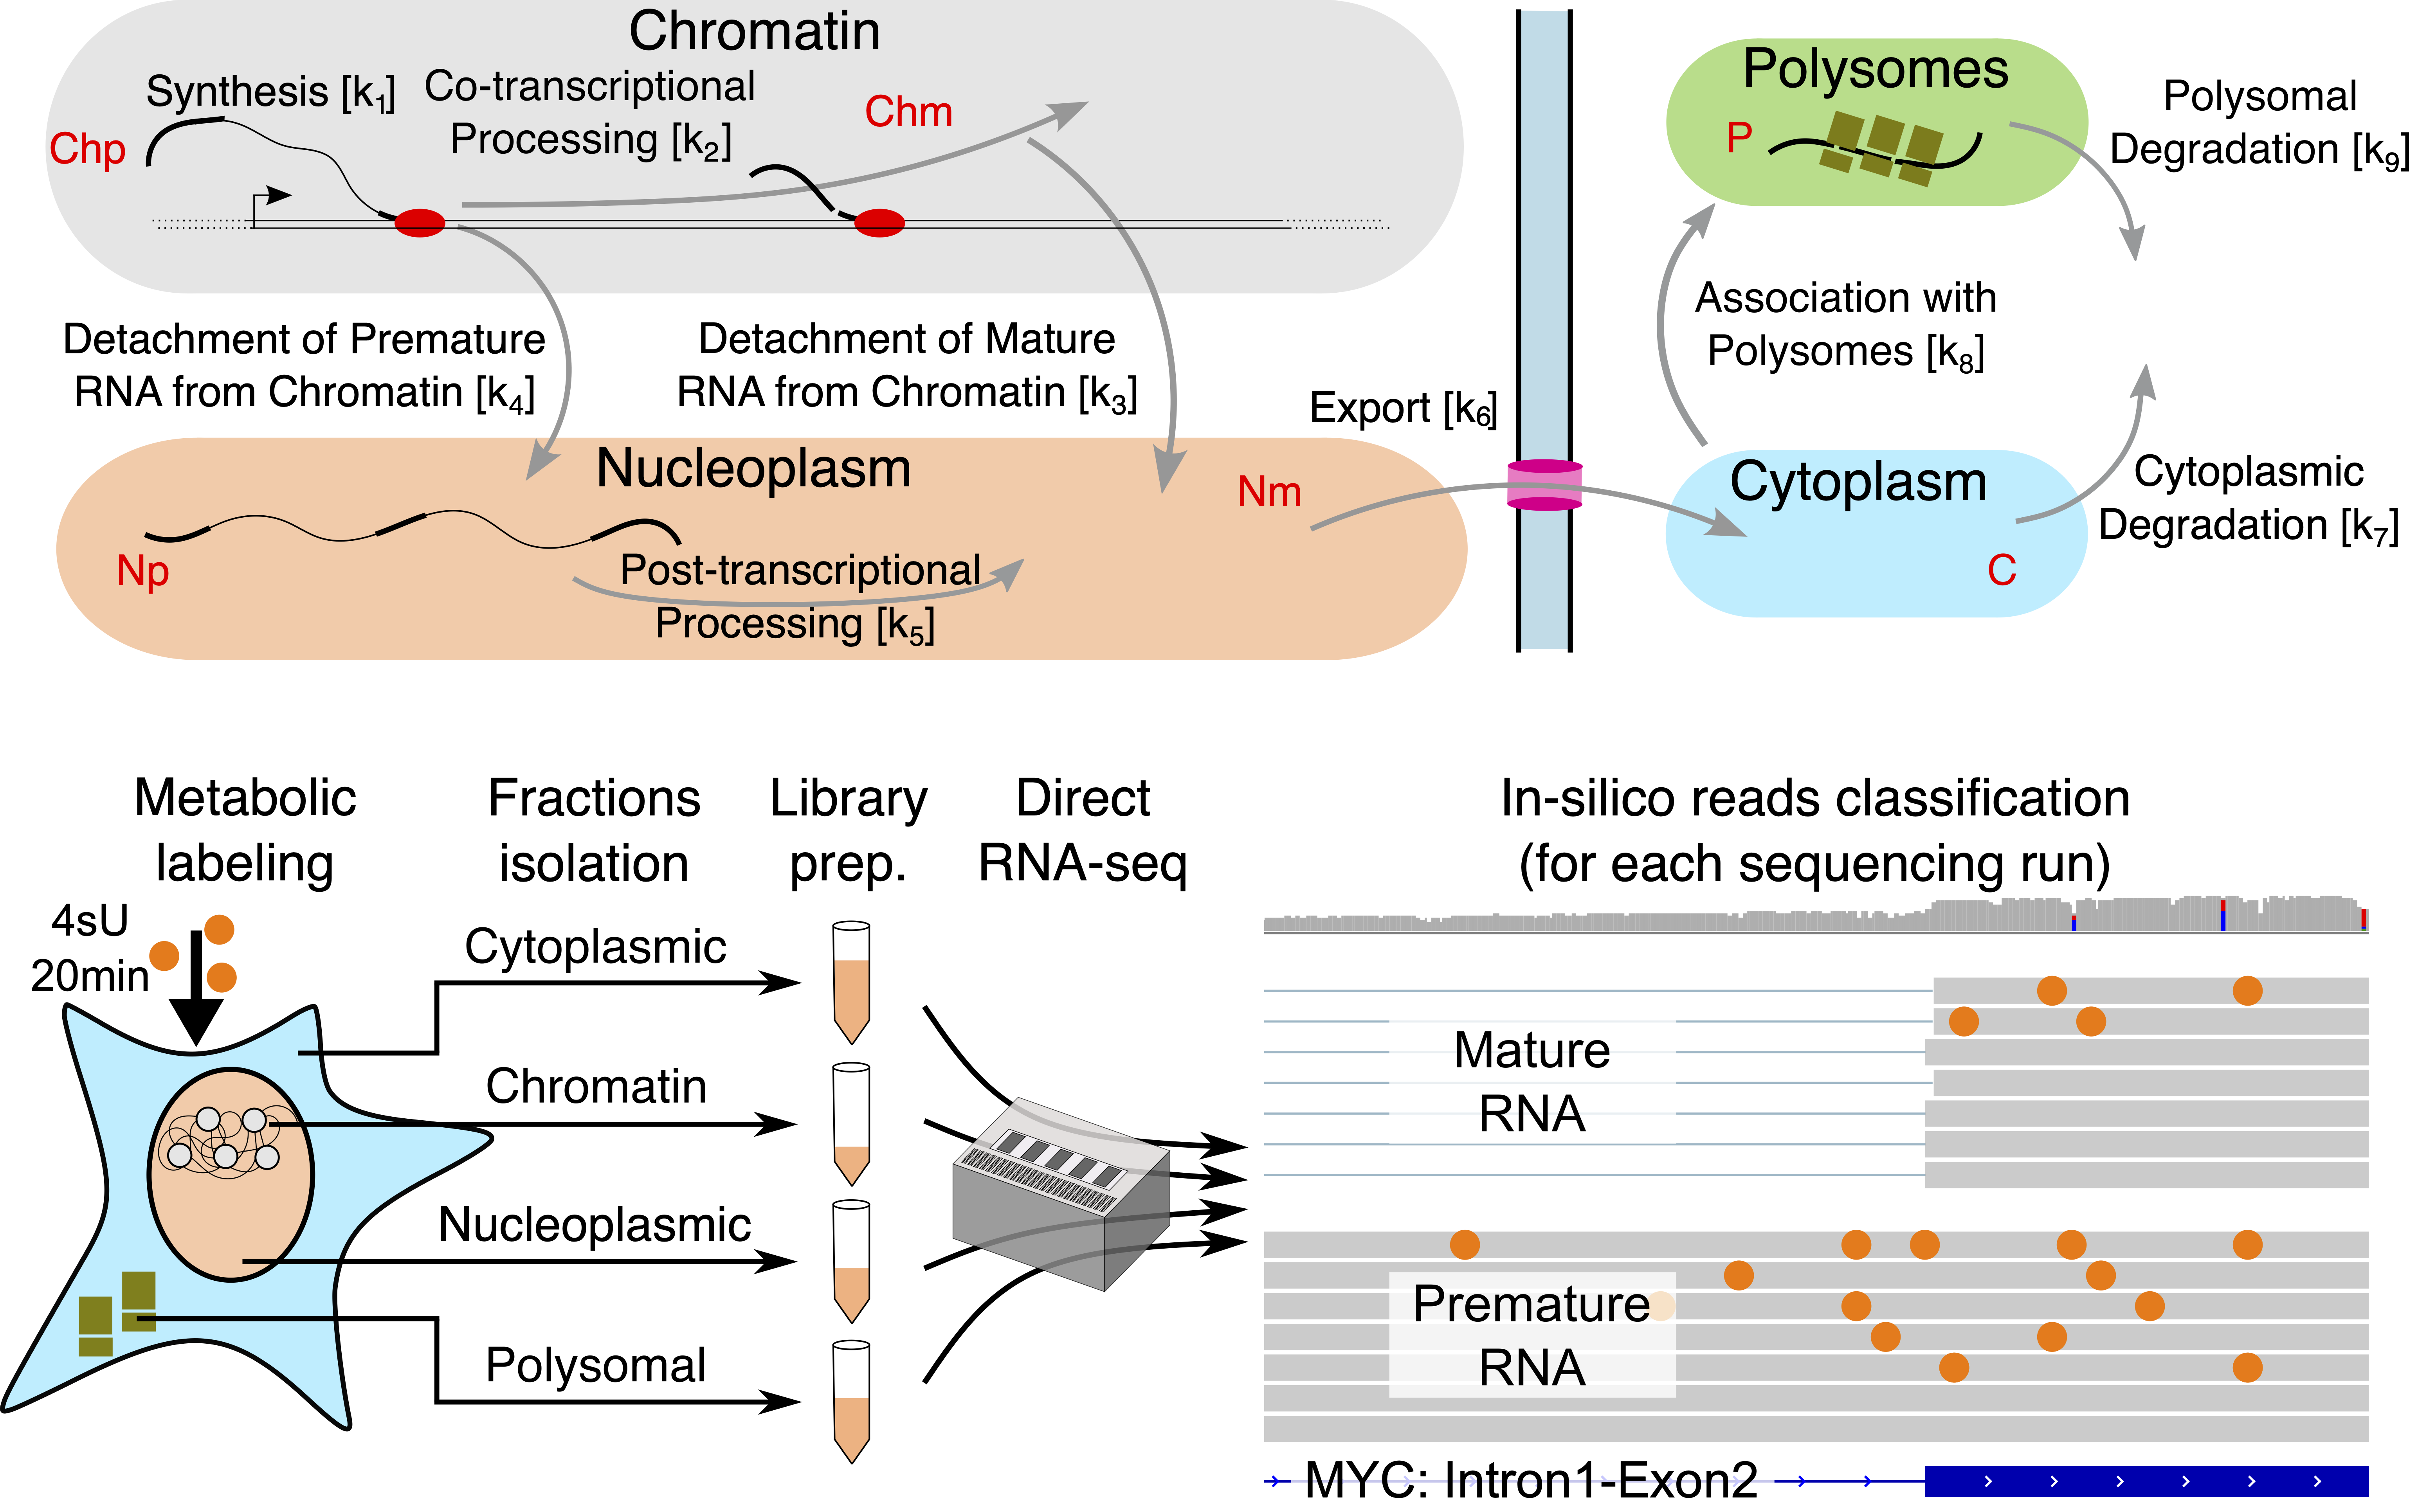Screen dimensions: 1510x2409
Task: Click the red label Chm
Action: click(908, 112)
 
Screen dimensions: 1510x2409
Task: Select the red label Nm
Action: click(1268, 491)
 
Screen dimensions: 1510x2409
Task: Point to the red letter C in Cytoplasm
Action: click(2000, 570)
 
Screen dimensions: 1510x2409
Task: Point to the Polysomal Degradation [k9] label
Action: click(2259, 123)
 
